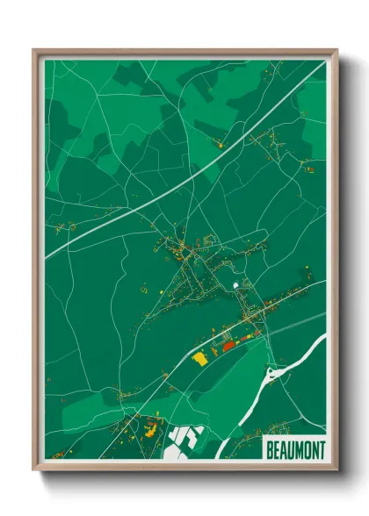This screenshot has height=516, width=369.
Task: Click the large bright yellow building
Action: (x=199, y=358)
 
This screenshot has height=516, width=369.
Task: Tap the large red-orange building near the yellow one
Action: (x=230, y=346)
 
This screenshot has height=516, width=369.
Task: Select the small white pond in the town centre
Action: (x=235, y=286)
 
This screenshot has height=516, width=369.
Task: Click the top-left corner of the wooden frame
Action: (x=34, y=50)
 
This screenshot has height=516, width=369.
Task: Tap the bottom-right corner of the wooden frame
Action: (x=336, y=470)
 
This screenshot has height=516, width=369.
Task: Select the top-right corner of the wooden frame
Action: (x=336, y=50)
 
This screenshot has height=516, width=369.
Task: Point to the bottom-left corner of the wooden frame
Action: (x=34, y=470)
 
